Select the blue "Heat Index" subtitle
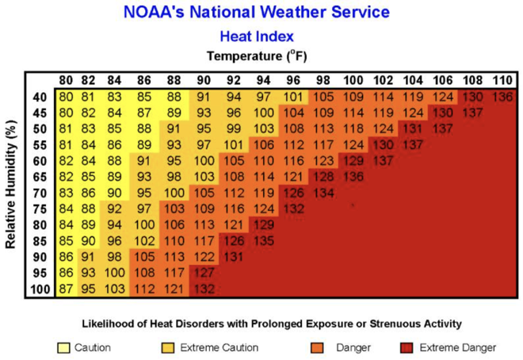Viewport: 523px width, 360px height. [256, 36]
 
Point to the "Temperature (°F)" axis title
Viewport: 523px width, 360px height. [256, 56]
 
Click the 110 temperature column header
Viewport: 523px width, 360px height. [502, 81]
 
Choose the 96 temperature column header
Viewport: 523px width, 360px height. [293, 81]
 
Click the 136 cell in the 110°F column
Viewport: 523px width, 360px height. [502, 98]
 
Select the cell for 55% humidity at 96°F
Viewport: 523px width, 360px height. [293, 144]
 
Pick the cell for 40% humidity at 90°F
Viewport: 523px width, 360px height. [204, 98]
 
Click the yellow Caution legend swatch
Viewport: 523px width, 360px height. [65, 347]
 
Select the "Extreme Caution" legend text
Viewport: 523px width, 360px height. [217, 347]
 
